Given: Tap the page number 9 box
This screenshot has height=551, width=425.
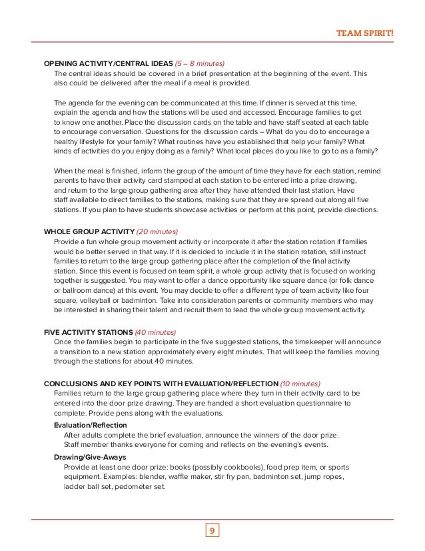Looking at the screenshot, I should click(212, 531).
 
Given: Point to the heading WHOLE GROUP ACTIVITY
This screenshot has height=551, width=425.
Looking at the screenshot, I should click(88, 231).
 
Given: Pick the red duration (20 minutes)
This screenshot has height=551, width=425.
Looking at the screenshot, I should click(158, 231).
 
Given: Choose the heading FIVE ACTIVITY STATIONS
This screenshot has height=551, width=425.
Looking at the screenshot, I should click(88, 332).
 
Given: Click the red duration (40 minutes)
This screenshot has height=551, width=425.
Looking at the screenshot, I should click(155, 332).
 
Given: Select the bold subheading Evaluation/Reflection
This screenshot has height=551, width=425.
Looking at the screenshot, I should click(90, 425).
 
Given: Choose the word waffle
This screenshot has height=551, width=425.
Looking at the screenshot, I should click(202, 477).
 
